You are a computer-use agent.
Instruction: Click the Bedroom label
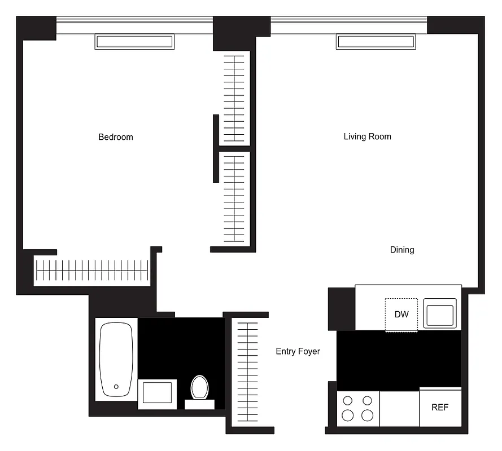click(116, 137)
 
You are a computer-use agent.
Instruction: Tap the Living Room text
click(367, 136)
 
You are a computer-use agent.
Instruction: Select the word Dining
click(402, 250)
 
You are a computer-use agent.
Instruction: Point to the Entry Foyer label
click(298, 351)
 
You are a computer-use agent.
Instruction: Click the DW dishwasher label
click(401, 315)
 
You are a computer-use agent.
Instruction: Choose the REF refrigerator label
click(440, 407)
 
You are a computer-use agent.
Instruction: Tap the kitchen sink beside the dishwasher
click(440, 313)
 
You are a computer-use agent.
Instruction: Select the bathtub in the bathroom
click(116, 359)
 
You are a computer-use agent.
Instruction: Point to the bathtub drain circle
click(116, 387)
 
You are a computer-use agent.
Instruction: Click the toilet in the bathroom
click(199, 389)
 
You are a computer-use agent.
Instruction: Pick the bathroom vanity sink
click(157, 392)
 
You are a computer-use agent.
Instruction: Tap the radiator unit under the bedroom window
click(134, 42)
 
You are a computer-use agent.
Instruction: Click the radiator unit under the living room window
click(375, 42)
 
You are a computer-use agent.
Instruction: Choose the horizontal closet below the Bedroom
click(91, 271)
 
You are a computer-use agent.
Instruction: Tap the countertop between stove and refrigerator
click(399, 408)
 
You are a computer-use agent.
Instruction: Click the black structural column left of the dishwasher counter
click(341, 308)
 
